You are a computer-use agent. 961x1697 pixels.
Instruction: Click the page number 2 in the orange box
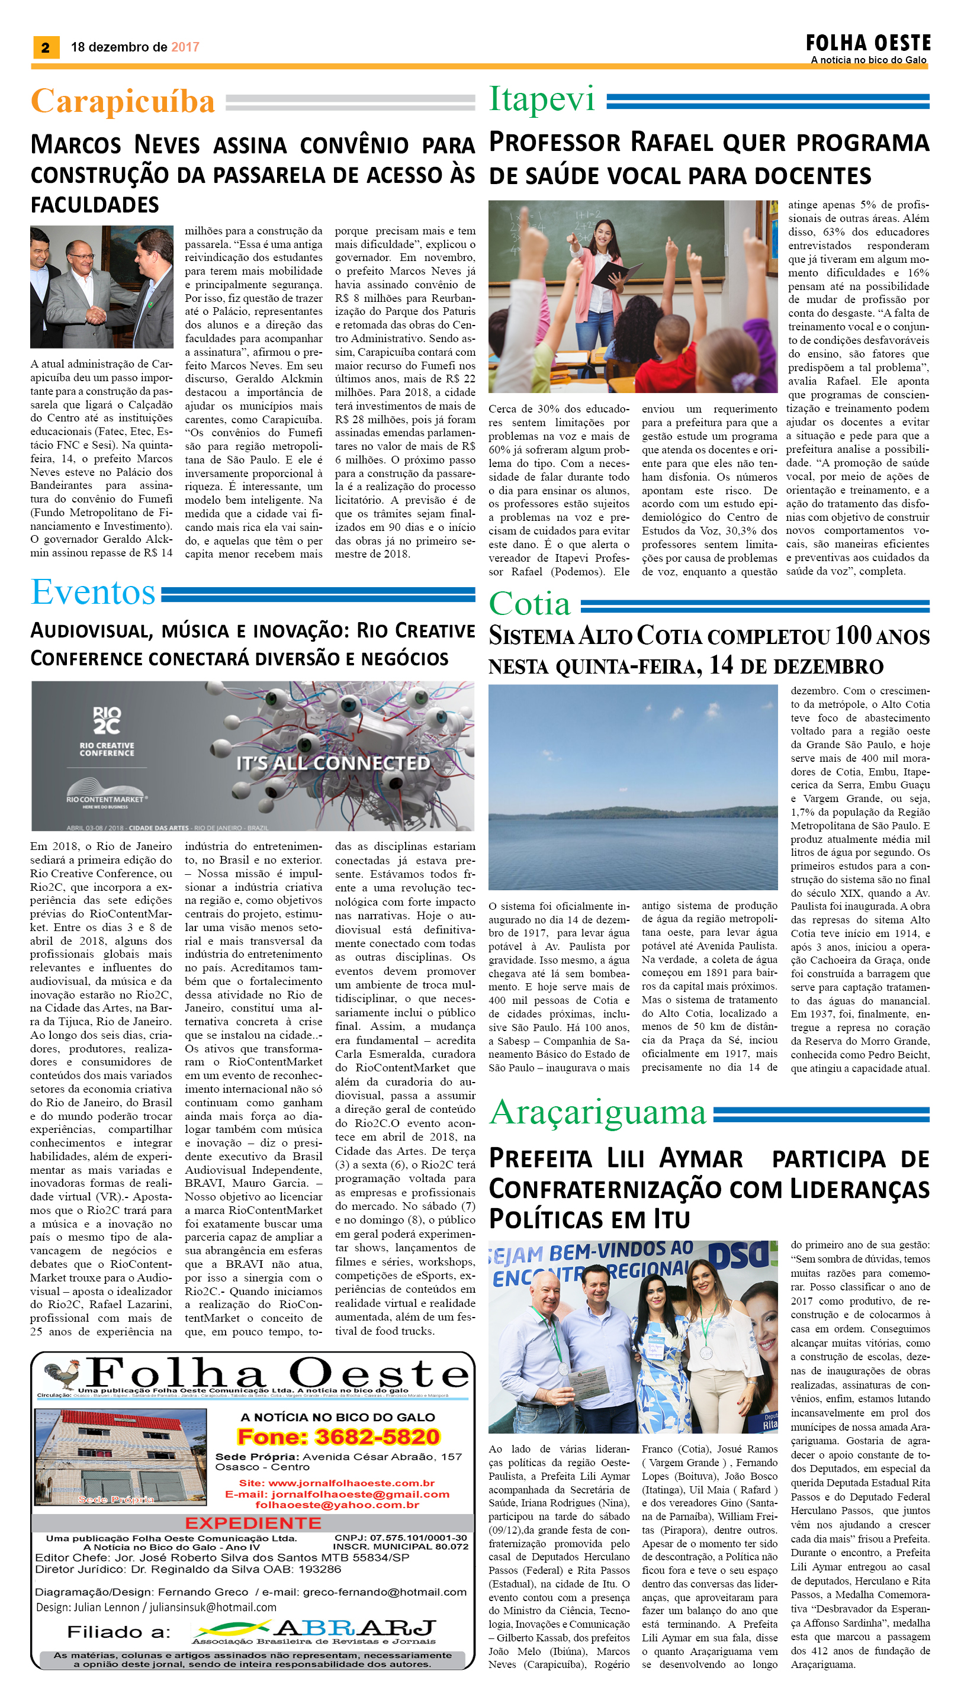pos(46,47)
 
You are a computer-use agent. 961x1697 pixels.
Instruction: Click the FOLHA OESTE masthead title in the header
pos(867,44)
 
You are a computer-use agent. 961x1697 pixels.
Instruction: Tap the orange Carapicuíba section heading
pos(123,102)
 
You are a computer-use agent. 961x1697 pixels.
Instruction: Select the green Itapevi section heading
pos(542,99)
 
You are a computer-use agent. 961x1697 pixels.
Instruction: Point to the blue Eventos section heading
pos(93,592)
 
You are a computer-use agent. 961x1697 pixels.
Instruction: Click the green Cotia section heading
pos(529,604)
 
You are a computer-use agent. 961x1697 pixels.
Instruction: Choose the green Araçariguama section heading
pos(598,1112)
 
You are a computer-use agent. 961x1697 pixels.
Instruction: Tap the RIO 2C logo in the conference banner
pos(106,720)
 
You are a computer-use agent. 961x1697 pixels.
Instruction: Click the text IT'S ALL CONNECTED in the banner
pos(333,763)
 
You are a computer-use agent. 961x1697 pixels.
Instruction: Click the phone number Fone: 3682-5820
pos(338,1437)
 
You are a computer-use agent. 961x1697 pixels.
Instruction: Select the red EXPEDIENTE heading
pos(253,1523)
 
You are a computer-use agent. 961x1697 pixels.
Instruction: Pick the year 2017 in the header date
pos(185,47)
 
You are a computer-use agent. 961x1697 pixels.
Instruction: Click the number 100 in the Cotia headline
pos(853,635)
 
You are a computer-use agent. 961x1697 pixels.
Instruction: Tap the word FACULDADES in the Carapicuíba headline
pos(95,205)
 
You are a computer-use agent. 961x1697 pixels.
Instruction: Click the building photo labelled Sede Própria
pos(120,1456)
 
